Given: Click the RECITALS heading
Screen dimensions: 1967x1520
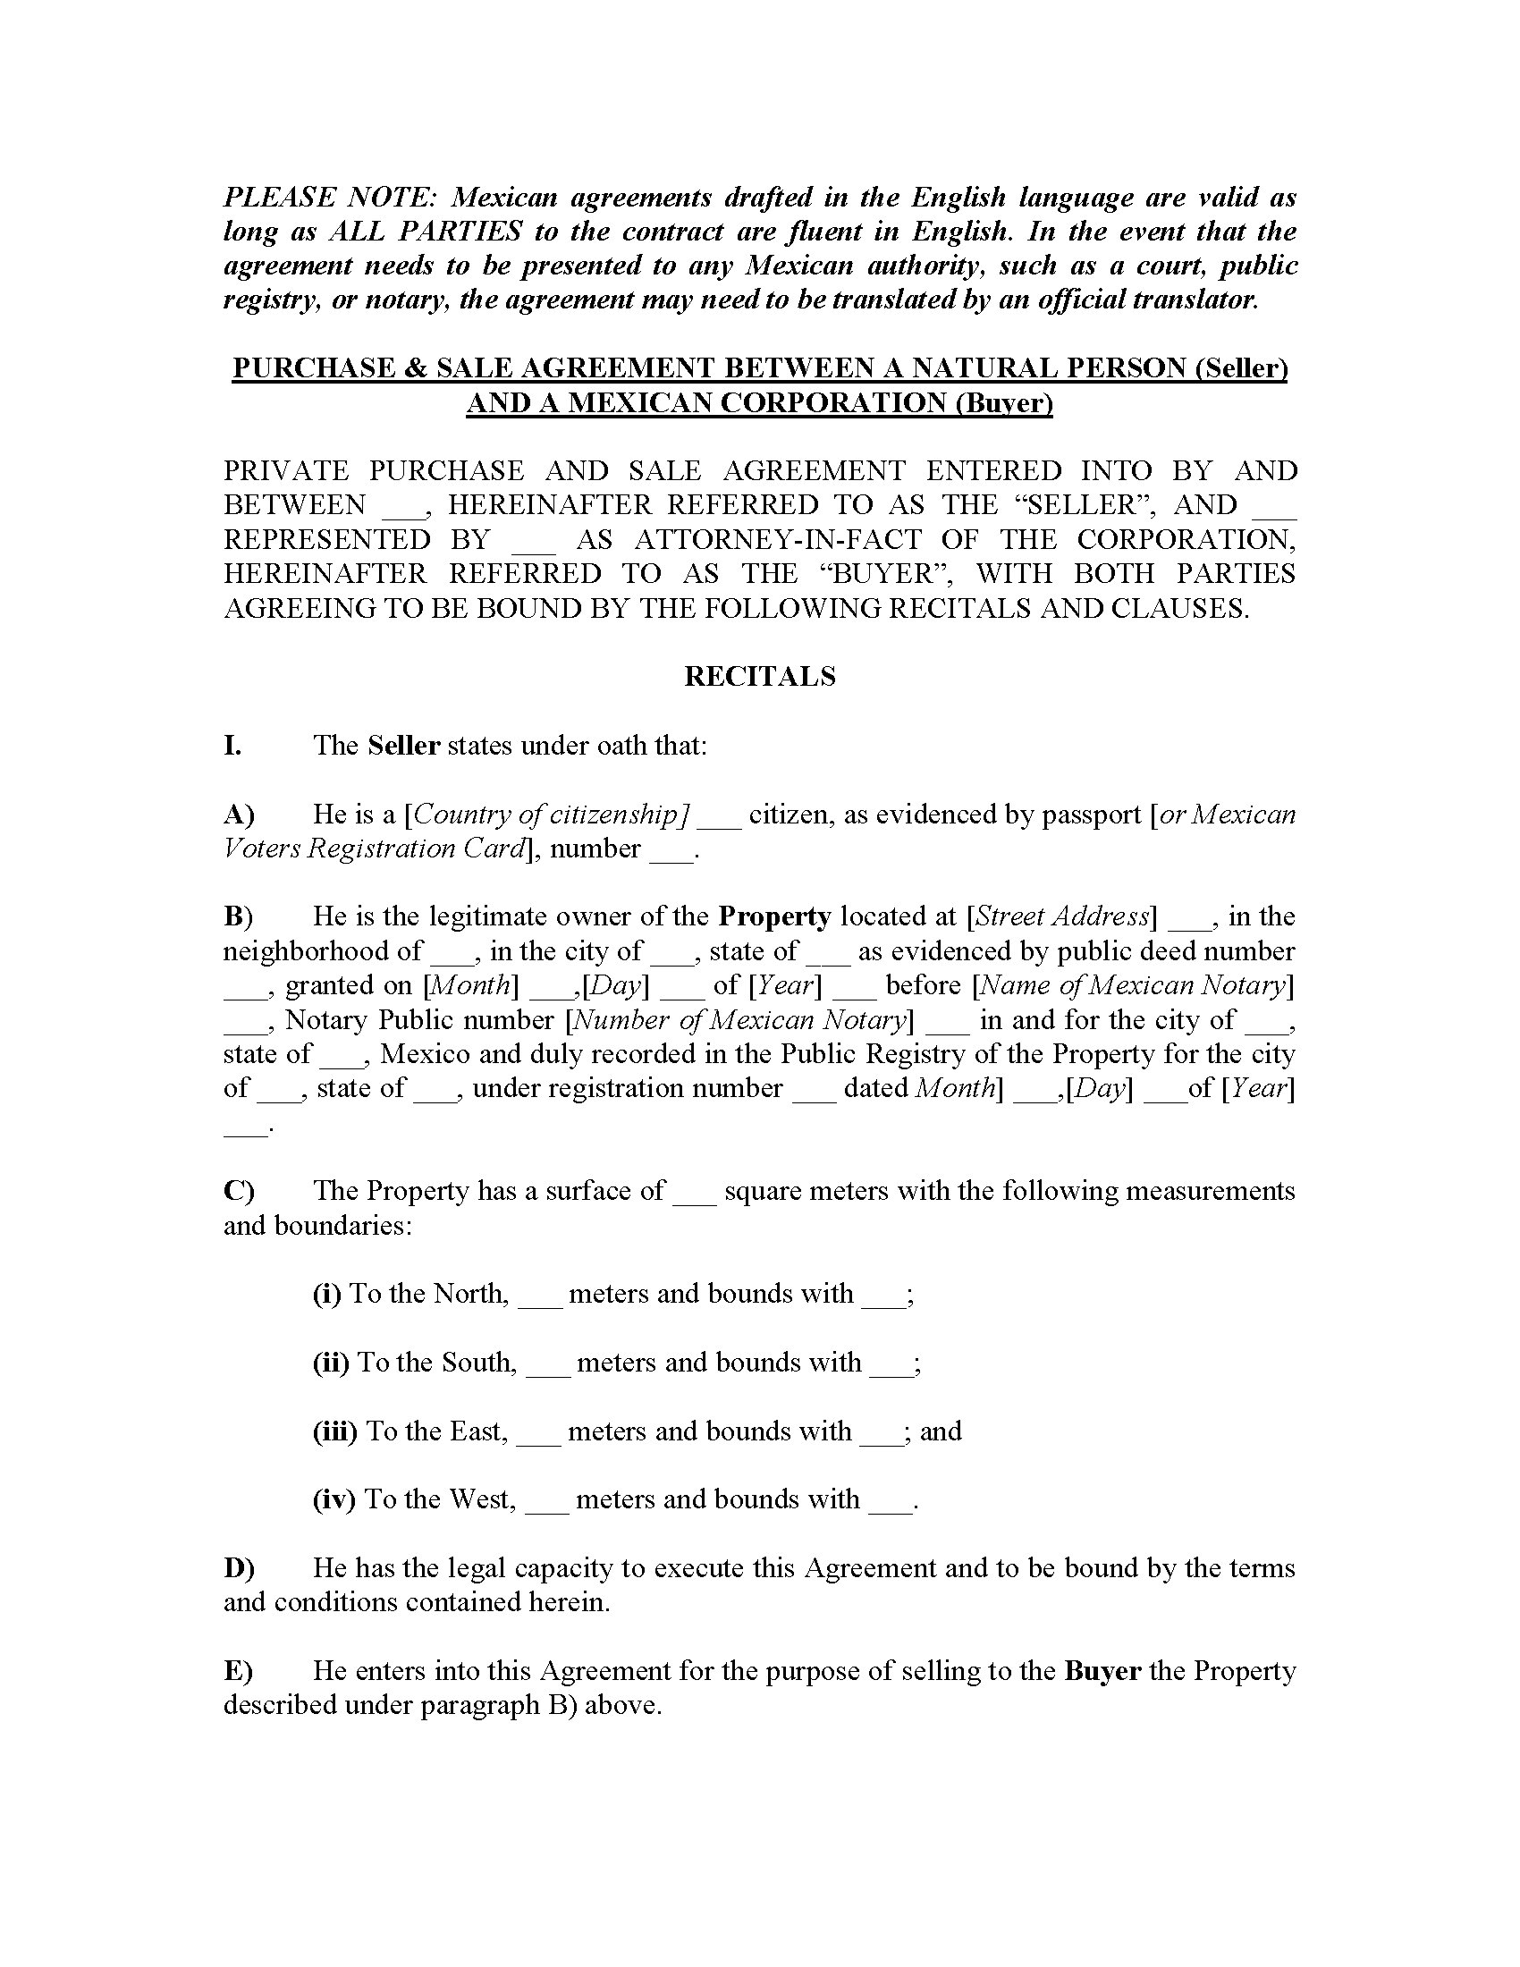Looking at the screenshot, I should (x=759, y=677).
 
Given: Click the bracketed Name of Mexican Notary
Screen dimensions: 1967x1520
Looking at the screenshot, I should (x=1133, y=984).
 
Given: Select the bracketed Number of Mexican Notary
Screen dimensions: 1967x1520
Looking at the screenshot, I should (x=739, y=1019).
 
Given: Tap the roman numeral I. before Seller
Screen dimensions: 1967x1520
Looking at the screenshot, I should (x=232, y=745).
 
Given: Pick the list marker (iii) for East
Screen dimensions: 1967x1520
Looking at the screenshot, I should (x=335, y=1431).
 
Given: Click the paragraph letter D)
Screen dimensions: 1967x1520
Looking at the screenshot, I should (x=239, y=1567).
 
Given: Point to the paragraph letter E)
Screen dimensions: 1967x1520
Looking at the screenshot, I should (x=238, y=1670).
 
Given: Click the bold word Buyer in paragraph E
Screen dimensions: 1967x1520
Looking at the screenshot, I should (x=1102, y=1670).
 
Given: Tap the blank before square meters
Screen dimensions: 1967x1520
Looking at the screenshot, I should (x=694, y=1193).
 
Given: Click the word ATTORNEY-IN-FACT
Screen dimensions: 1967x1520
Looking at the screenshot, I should (x=778, y=539).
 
